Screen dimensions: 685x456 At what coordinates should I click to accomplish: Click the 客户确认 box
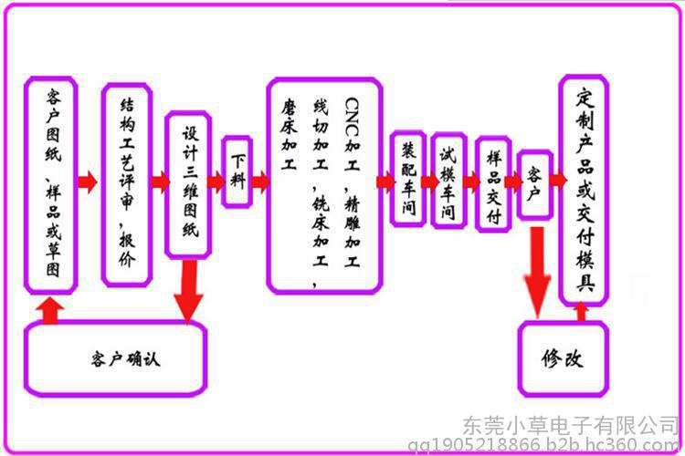(116, 358)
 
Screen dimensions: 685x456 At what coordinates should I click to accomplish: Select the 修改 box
(564, 358)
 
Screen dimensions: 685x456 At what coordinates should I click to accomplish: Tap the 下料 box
(237, 171)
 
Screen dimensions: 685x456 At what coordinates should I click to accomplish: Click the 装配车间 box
(408, 179)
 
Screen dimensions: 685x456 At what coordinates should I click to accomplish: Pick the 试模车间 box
(448, 181)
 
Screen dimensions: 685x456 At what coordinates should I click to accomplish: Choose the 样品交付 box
(493, 184)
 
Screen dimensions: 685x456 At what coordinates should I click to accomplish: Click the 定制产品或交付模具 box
(585, 191)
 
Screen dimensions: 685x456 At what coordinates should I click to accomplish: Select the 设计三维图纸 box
(188, 185)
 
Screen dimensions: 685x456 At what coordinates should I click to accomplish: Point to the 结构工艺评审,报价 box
(127, 185)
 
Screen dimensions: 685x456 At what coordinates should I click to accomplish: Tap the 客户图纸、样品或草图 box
(51, 185)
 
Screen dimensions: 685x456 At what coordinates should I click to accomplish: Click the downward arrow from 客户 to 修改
(537, 272)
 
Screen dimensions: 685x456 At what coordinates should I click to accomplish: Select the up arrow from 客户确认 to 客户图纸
(50, 310)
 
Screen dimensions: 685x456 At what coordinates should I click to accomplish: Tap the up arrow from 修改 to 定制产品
(581, 313)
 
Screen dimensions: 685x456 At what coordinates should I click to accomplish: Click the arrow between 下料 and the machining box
(261, 182)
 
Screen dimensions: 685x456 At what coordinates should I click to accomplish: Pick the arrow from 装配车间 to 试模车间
(430, 182)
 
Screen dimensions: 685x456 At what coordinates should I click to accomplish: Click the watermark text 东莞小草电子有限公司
(571, 425)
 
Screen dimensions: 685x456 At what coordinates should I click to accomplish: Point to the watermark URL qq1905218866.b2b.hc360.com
(544, 446)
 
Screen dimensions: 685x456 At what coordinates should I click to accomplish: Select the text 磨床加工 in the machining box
(289, 134)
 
